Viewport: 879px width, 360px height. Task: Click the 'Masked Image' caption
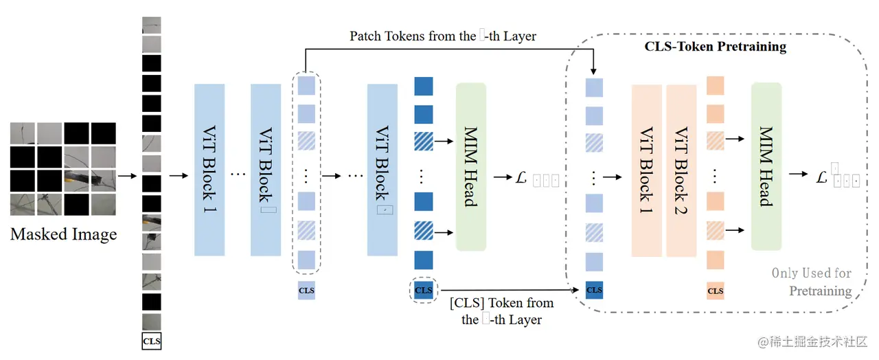63,234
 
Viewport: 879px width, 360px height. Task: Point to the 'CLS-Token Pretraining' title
715,47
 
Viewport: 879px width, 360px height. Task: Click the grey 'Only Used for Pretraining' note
812,282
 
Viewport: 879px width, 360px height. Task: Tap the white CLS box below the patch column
151,340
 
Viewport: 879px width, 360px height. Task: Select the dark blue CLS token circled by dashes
424,290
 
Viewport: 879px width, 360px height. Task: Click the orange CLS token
715,291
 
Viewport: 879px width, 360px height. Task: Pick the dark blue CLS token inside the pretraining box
594,289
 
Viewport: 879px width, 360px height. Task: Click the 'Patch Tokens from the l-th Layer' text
442,36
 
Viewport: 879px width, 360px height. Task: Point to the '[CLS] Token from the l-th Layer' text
501,311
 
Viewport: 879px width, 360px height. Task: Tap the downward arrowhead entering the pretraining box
593,71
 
